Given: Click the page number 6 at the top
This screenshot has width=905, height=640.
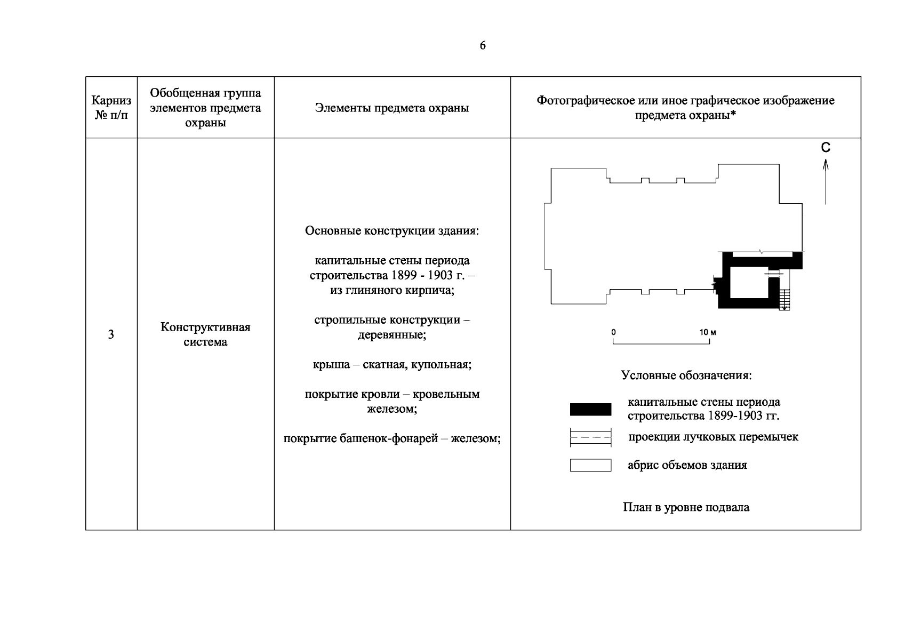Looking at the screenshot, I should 482,46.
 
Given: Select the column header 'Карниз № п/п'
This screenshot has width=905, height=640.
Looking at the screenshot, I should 111,107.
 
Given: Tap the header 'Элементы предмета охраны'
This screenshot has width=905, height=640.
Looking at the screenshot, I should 392,108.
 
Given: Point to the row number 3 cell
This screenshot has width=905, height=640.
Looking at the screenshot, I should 111,334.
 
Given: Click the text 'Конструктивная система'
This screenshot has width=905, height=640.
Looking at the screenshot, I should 205,334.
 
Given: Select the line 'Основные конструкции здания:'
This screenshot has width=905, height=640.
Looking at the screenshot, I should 392,231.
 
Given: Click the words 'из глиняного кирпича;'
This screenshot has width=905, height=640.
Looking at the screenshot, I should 392,291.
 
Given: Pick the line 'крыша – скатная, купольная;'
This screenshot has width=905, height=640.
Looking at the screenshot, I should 392,365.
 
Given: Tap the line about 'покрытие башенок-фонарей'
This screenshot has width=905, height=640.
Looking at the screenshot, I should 392,439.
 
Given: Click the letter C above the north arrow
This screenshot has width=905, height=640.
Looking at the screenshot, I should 826,148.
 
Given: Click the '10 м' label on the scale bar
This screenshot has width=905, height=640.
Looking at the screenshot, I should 708,332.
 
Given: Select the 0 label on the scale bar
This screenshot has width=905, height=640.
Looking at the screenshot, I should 614,332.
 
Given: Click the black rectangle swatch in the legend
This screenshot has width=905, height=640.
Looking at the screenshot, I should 590,409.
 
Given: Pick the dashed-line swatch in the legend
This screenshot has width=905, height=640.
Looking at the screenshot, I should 590,437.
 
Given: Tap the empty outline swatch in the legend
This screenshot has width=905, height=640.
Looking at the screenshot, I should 590,465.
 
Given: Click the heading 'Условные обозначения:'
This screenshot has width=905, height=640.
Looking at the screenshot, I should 686,375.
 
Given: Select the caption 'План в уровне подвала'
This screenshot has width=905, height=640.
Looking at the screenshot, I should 686,507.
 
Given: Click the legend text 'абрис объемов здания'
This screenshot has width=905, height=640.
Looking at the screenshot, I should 687,465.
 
